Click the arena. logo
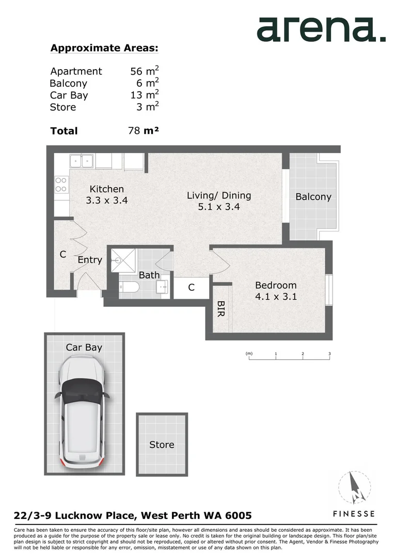click(321, 29)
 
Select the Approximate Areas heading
click(104, 48)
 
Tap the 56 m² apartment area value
click(144, 71)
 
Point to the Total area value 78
click(134, 130)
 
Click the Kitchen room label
click(106, 189)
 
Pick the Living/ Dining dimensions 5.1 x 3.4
click(218, 207)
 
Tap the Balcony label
click(313, 196)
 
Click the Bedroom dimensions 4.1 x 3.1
click(276, 297)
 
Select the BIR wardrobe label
click(220, 309)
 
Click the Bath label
click(149, 275)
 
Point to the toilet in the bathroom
click(128, 288)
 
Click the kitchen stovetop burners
click(61, 184)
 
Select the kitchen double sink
click(81, 161)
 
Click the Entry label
click(90, 260)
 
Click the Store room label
click(162, 445)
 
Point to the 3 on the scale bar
click(329, 354)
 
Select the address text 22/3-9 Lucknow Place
click(75, 515)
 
